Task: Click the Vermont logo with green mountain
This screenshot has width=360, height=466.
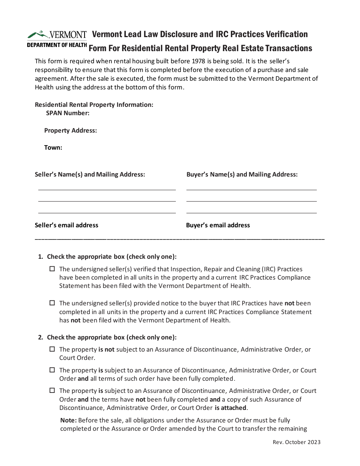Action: click(x=57, y=35)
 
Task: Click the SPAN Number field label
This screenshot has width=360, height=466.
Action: click(x=67, y=113)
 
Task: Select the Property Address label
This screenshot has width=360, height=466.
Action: click(x=70, y=130)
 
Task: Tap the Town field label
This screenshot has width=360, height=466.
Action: click(x=53, y=147)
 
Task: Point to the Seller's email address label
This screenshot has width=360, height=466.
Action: click(x=66, y=225)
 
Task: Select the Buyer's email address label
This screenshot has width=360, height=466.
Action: click(x=218, y=225)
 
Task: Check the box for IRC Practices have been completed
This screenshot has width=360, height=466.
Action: click(x=52, y=269)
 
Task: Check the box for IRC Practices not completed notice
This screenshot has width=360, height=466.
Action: click(x=52, y=303)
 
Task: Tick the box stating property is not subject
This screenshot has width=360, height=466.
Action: click(x=52, y=349)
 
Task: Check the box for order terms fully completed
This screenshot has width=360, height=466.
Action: click(x=52, y=370)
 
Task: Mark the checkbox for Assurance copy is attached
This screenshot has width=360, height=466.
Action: click(x=52, y=391)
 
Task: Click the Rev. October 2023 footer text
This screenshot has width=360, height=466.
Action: click(x=296, y=442)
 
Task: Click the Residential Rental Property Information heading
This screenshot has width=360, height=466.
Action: click(x=94, y=105)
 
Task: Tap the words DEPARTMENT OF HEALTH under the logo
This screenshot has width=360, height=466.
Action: click(x=57, y=45)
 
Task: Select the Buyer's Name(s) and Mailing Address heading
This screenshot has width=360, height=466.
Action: click(x=242, y=174)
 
